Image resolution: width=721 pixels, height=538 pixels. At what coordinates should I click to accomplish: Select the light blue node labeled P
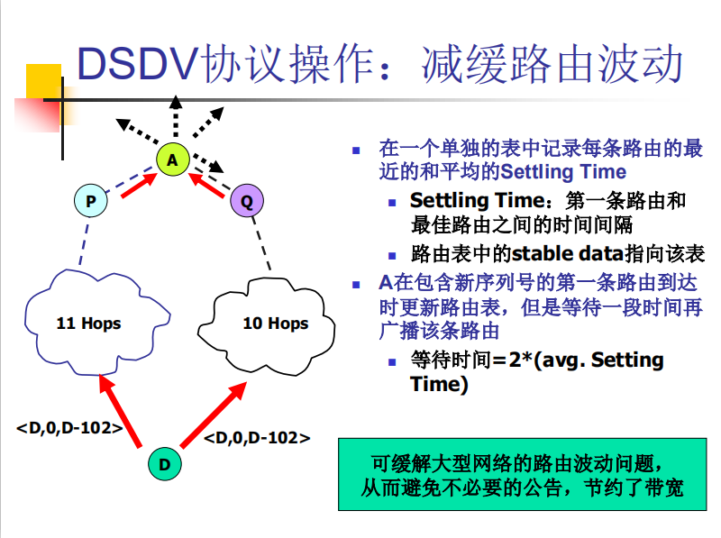pyautogui.click(x=90, y=201)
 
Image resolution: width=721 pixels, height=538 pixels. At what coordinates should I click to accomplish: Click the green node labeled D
pyautogui.click(x=164, y=464)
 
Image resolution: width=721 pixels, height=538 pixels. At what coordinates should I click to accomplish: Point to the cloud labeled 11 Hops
pyautogui.click(x=88, y=323)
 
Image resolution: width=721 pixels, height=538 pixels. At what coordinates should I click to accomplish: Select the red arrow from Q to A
pyautogui.click(x=209, y=184)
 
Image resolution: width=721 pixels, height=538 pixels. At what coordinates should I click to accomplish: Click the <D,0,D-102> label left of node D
pyautogui.click(x=69, y=428)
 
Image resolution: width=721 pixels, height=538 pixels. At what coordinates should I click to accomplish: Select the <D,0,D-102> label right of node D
pyautogui.click(x=257, y=438)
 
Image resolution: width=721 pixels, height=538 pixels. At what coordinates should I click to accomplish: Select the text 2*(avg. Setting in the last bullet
pyautogui.click(x=586, y=360)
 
